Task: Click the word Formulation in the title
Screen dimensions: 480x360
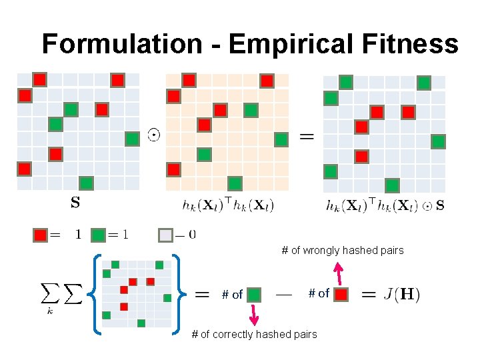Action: (121, 45)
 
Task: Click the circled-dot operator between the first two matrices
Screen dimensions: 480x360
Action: (153, 136)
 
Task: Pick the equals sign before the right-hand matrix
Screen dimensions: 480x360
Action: (307, 137)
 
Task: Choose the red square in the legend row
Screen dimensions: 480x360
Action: (40, 235)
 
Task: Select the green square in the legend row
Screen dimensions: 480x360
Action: (99, 235)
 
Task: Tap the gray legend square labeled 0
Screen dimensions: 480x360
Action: (165, 235)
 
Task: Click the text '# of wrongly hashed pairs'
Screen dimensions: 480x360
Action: (342, 251)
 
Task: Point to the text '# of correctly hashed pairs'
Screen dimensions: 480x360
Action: (254, 334)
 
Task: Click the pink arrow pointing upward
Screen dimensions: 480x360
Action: (338, 273)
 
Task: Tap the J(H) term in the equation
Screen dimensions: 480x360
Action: (402, 294)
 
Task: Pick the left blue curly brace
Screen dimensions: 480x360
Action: (95, 293)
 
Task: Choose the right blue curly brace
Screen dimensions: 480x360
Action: (177, 293)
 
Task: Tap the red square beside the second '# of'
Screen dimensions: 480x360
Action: (341, 293)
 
